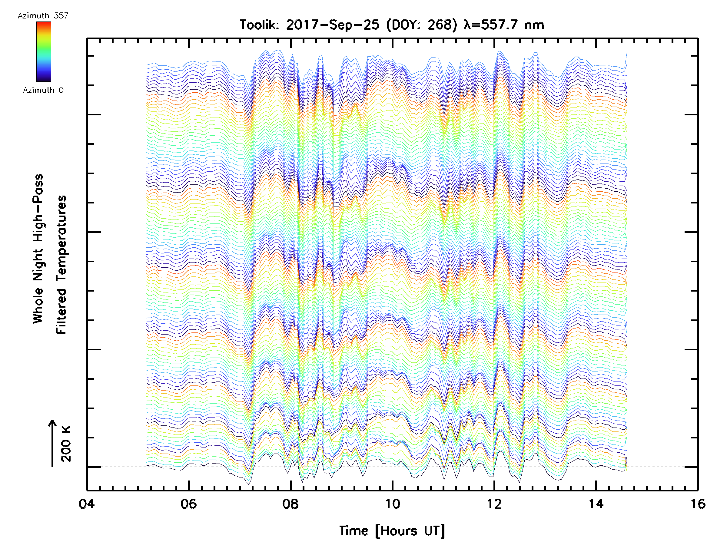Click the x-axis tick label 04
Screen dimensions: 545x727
pyautogui.click(x=86, y=504)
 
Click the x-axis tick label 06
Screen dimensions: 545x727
pyautogui.click(x=188, y=504)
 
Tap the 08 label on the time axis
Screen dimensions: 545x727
pyautogui.click(x=290, y=504)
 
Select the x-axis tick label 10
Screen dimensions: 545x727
pyautogui.click(x=392, y=504)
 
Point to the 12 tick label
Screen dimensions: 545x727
pyautogui.click(x=494, y=504)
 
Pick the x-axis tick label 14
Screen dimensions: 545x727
pyautogui.click(x=596, y=504)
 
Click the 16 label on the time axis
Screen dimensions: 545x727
pyautogui.click(x=697, y=504)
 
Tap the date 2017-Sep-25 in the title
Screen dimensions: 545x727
pyautogui.click(x=332, y=25)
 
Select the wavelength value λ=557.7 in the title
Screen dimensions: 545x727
pyautogui.click(x=491, y=25)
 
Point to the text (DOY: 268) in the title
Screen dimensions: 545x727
pyautogui.click(x=421, y=25)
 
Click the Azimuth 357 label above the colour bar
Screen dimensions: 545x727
pyautogui.click(x=43, y=15)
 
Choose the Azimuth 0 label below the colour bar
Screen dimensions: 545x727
pyautogui.click(x=43, y=90)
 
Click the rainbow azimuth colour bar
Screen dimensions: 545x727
pyautogui.click(x=44, y=51)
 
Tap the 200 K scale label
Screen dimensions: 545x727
pyautogui.click(x=66, y=444)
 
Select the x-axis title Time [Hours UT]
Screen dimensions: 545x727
pyautogui.click(x=392, y=531)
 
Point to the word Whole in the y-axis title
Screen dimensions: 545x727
pyautogui.click(x=38, y=305)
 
